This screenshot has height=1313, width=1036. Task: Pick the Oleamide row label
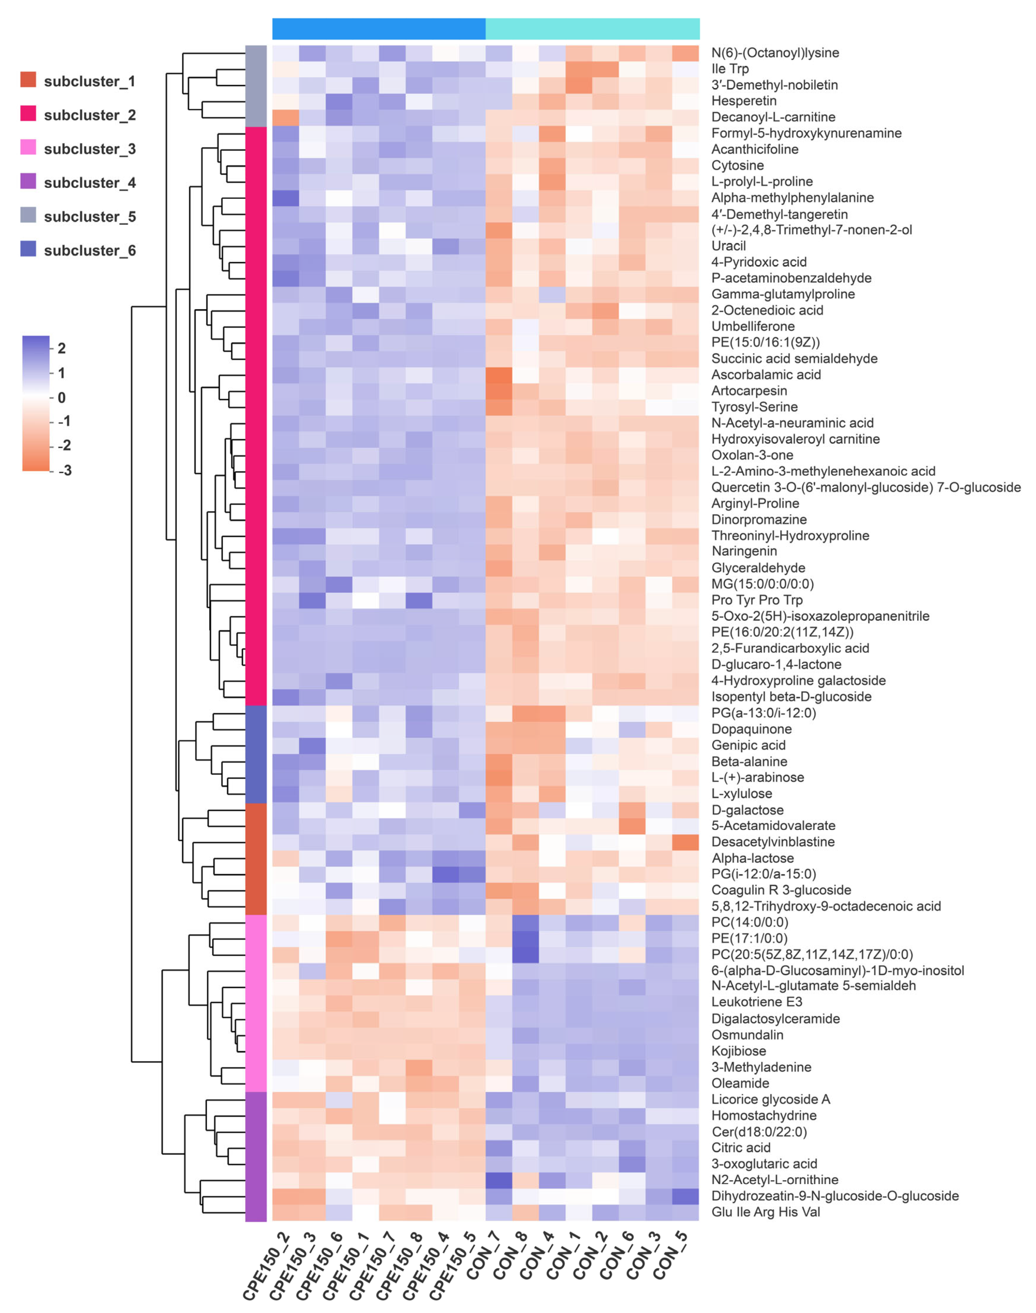point(740,1083)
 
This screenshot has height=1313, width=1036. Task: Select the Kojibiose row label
point(739,1051)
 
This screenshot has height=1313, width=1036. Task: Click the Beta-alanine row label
point(749,761)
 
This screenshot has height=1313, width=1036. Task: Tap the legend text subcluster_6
point(90,250)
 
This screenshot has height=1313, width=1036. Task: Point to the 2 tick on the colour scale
point(61,348)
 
